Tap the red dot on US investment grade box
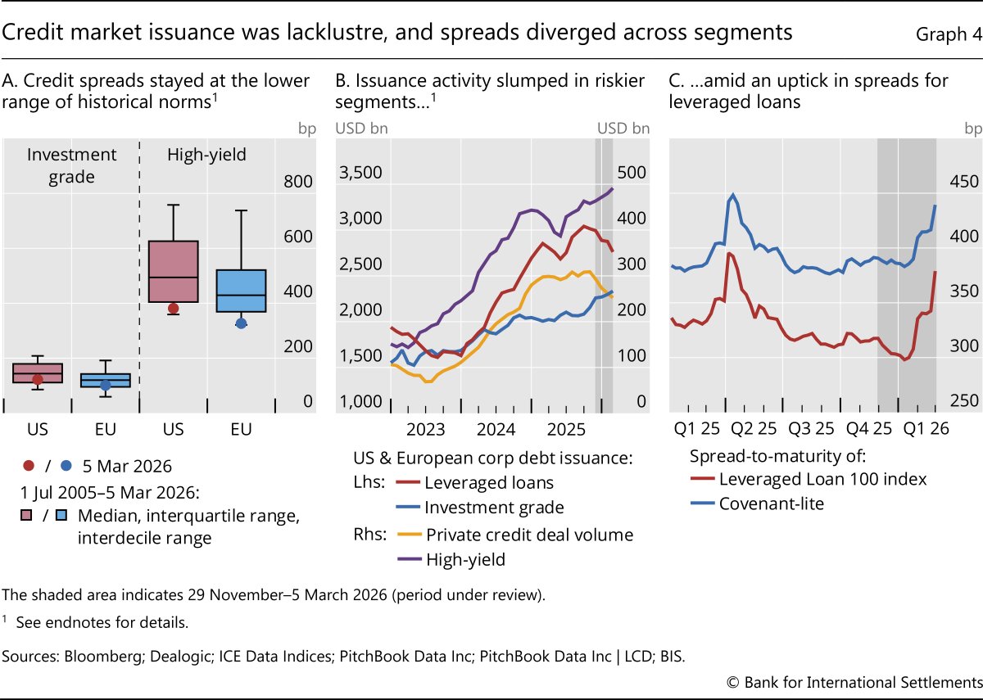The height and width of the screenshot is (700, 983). [37, 380]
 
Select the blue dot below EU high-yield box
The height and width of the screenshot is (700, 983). [241, 323]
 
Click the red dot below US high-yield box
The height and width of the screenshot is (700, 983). [173, 309]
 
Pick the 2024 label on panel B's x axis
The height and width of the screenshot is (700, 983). [495, 429]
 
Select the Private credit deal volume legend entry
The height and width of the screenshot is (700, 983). [529, 535]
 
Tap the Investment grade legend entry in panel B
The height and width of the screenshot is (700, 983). [494, 508]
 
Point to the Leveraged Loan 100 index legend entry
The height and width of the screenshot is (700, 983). [822, 479]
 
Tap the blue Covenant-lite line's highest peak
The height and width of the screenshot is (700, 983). [732, 195]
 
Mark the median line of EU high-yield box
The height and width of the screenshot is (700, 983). [241, 295]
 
